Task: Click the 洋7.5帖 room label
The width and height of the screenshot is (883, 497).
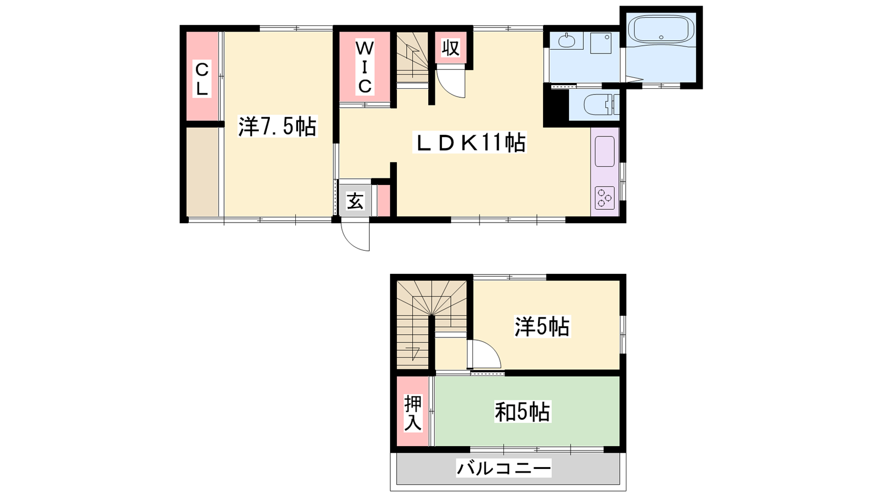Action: (x=278, y=126)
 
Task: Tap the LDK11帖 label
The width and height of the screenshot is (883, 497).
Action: (x=470, y=142)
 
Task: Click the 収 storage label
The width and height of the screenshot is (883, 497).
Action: (x=450, y=48)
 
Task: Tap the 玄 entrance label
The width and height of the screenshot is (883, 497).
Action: (x=355, y=202)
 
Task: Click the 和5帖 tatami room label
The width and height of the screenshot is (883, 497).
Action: (x=522, y=412)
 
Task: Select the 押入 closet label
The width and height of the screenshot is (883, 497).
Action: (x=413, y=413)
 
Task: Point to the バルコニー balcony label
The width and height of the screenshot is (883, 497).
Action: (x=504, y=469)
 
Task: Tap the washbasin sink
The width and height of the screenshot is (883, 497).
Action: (x=567, y=40)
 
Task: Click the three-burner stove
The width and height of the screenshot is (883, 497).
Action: (x=605, y=198)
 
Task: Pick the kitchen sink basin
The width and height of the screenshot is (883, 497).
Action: (x=605, y=151)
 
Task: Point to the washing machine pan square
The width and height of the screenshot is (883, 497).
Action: (x=601, y=43)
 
